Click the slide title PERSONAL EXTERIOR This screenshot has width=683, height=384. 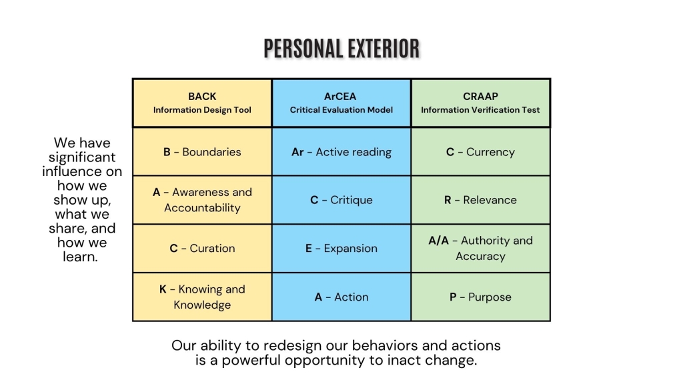point(341,48)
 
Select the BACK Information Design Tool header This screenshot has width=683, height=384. point(202,103)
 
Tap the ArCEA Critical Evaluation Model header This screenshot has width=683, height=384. point(341,103)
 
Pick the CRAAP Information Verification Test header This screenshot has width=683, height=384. point(480,103)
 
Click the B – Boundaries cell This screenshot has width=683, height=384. point(202,152)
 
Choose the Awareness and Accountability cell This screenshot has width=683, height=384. point(202,200)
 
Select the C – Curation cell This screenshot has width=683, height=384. point(202,249)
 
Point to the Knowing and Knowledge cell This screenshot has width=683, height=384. point(202,297)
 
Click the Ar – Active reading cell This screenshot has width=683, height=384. point(341,152)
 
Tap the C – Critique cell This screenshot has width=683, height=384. point(341,200)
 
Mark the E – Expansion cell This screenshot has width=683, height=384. point(341,249)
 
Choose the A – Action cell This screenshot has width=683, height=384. point(341,297)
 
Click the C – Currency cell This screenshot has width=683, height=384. point(480,152)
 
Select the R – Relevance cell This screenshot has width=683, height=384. point(480,200)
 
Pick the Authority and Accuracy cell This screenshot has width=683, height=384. point(480,249)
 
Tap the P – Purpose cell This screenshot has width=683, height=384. point(480,297)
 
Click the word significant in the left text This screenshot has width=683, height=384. point(82,157)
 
